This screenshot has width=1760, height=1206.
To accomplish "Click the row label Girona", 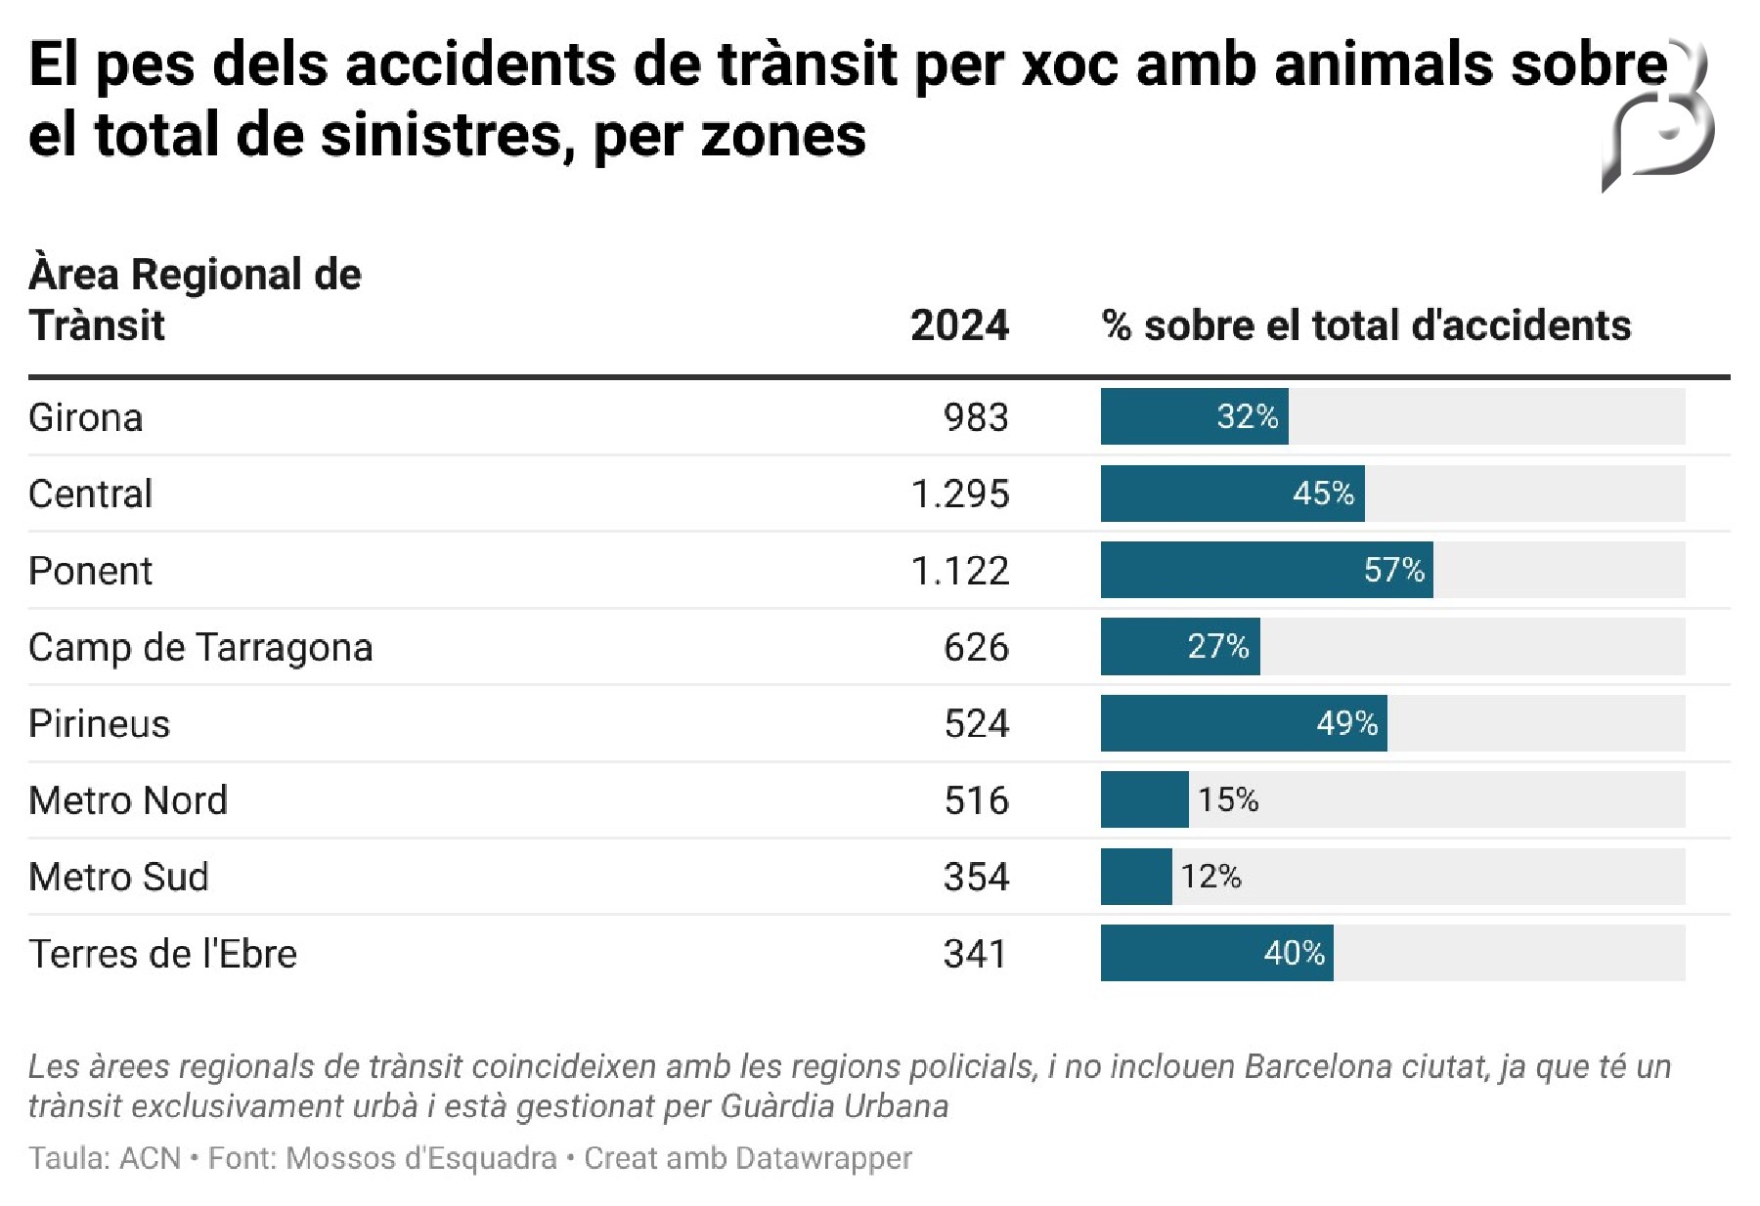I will click(86, 417).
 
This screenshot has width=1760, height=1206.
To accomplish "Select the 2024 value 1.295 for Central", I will click(959, 494).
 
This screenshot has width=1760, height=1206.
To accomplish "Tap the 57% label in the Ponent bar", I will click(1393, 570).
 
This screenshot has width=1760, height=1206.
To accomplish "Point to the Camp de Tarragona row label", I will click(200, 647).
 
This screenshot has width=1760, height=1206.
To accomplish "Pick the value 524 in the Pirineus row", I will click(976, 723).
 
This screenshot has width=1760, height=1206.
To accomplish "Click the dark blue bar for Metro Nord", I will click(1144, 799).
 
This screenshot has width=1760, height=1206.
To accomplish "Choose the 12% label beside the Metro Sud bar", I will click(1210, 876).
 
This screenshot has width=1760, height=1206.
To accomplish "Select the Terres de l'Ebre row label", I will click(162, 953).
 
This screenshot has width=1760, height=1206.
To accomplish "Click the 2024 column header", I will click(959, 325).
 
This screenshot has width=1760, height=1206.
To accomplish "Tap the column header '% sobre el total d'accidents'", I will click(1366, 325).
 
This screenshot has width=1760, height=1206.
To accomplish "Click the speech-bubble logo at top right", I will click(1660, 122).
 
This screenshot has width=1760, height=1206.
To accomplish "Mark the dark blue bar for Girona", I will click(1193, 417).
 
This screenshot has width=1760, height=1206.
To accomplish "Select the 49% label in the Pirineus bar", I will click(1346, 723).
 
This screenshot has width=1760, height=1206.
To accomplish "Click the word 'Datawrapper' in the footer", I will click(823, 1158).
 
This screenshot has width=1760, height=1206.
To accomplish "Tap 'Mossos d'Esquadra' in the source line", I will click(421, 1158).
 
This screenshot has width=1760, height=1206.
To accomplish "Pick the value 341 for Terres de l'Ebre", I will click(975, 953).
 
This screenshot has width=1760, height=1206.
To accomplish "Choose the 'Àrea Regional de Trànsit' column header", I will click(195, 299).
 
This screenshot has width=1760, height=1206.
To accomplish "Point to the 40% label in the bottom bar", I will click(1294, 953).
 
